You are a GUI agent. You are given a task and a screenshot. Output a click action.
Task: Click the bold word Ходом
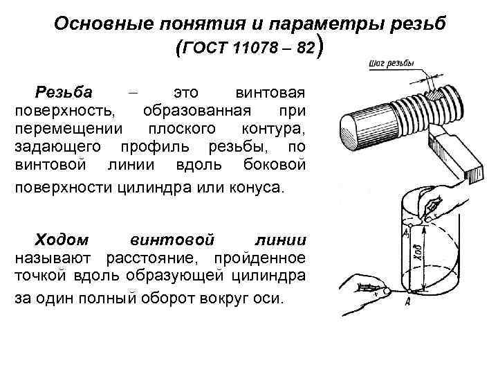point(62,240)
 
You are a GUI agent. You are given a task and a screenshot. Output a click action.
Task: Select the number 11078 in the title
point(252,49)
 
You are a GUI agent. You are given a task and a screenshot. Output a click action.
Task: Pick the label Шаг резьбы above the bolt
point(391,64)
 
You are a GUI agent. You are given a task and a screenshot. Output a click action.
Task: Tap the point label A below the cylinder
point(408,300)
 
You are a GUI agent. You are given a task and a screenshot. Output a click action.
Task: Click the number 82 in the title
point(304,49)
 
